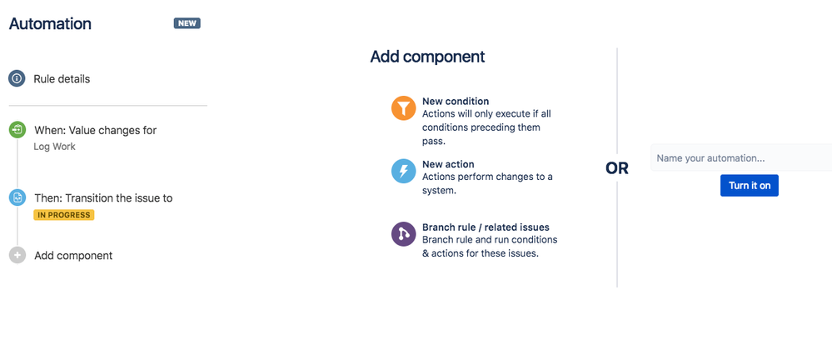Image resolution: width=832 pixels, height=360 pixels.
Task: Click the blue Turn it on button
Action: coord(749,186)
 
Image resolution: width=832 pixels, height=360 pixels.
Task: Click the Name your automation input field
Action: coord(740,158)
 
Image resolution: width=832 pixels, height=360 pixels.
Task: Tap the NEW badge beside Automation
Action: coord(187,23)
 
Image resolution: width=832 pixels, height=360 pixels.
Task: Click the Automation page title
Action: coord(50,24)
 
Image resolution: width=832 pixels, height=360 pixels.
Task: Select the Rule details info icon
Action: coord(17,78)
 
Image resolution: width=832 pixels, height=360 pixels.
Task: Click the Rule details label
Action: coord(62,79)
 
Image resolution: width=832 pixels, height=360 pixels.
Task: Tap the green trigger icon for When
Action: coord(17,130)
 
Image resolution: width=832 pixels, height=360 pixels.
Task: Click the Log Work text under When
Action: coord(55,147)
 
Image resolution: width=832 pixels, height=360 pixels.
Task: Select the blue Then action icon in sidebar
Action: coord(17,198)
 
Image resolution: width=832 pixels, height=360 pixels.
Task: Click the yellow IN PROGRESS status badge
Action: coord(64,215)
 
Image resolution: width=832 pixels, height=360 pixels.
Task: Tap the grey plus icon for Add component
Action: coord(17,255)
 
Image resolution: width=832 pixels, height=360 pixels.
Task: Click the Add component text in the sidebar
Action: coord(73,256)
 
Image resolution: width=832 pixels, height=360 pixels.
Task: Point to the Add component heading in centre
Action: coord(427,57)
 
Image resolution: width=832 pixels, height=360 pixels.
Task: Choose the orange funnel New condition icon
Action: coord(403,108)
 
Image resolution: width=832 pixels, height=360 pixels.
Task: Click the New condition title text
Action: coord(456,102)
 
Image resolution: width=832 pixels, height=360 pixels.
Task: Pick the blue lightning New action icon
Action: coord(403,172)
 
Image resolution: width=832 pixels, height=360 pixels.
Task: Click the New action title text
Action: coord(448,164)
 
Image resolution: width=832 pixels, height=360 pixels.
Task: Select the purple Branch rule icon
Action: coord(403,234)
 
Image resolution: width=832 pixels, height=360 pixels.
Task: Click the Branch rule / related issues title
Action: coord(486,227)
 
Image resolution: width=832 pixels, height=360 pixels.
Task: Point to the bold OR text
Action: coord(617,168)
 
